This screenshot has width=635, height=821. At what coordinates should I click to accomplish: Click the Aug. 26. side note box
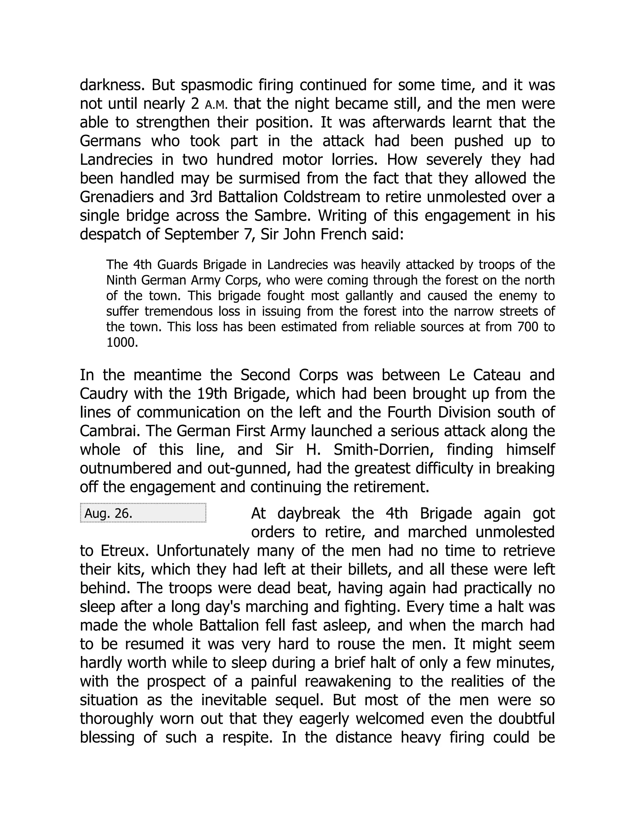tap(143, 513)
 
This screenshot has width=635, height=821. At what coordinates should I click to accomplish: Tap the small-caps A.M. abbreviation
tap(216, 104)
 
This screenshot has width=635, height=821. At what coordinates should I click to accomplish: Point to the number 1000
tap(122, 342)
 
